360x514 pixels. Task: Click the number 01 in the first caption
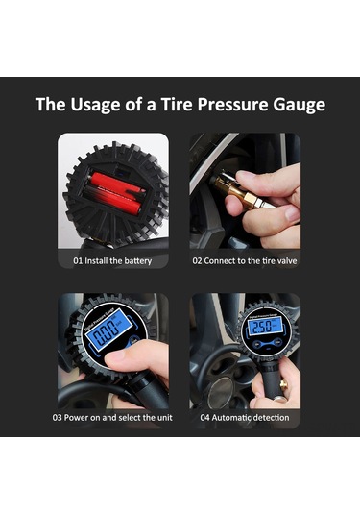(x=78, y=261)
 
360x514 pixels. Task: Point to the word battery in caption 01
(x=137, y=261)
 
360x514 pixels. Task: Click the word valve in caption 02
(x=287, y=261)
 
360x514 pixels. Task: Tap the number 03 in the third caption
(x=57, y=418)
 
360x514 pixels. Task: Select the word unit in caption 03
(x=164, y=418)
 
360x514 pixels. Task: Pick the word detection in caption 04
(x=271, y=418)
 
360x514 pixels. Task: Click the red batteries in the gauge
(x=116, y=193)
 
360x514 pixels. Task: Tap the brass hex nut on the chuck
(x=251, y=201)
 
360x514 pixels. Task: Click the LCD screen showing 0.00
(x=108, y=329)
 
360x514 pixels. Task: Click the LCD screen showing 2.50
(x=265, y=327)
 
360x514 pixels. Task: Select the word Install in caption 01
(x=96, y=261)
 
